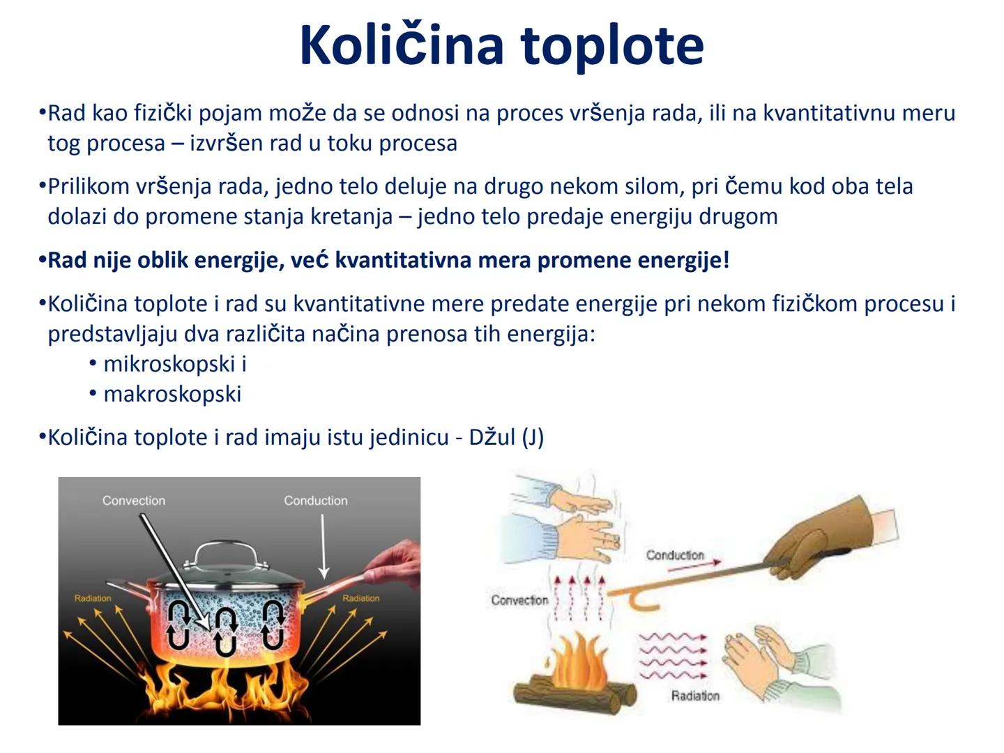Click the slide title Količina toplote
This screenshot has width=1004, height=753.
pyautogui.click(x=501, y=45)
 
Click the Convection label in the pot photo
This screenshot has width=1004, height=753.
pyautogui.click(x=133, y=501)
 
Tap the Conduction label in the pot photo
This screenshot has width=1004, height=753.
pyautogui.click(x=315, y=501)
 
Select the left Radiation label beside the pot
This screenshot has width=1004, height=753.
pyautogui.click(x=93, y=598)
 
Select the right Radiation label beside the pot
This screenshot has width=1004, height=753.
pyautogui.click(x=360, y=598)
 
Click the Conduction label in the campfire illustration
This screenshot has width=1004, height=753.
pyautogui.click(x=674, y=555)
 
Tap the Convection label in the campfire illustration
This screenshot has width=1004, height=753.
pyautogui.click(x=519, y=600)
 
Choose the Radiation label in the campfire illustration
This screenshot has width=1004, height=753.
pyautogui.click(x=694, y=695)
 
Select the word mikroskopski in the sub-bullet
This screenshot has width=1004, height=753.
pyautogui.click(x=169, y=364)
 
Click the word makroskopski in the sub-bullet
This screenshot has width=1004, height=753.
pyautogui.click(x=172, y=394)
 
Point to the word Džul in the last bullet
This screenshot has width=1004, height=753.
pyautogui.click(x=492, y=437)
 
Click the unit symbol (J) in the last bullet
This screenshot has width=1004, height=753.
pyautogui.click(x=533, y=437)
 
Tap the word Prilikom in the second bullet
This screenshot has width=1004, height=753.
pyautogui.click(x=89, y=187)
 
